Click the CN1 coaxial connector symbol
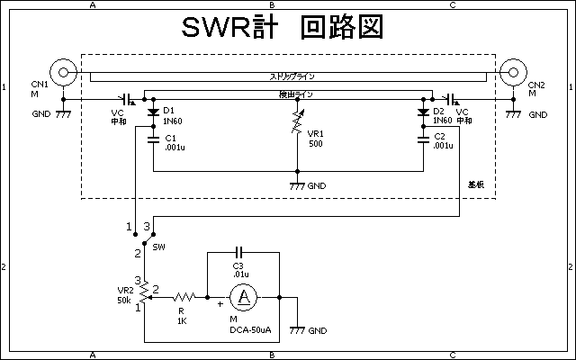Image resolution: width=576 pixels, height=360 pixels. tap(62, 71)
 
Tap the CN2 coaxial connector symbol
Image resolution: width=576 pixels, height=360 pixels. tap(513, 71)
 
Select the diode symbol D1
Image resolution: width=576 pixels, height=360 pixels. tap(145, 112)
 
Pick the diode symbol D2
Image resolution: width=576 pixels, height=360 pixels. tap(423, 112)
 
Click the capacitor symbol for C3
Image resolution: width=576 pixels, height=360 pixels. tap(239, 253)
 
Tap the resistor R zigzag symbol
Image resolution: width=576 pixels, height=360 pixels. tap(184, 296)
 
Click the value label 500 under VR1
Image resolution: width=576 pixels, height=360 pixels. tap(315, 144)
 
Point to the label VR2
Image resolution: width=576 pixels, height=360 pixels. tap(126, 290)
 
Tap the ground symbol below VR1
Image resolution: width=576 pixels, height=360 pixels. tap(297, 184)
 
